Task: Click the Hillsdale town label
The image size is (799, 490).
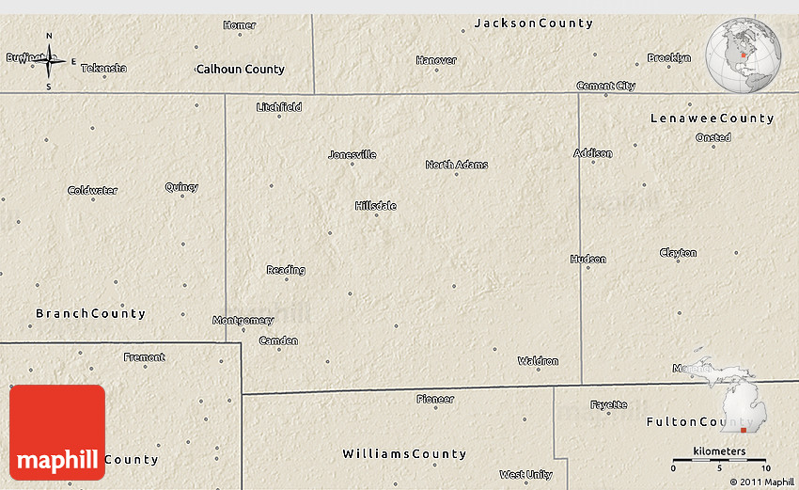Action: pos(375,206)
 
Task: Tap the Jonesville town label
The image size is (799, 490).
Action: pos(352,154)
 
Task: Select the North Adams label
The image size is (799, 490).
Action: pos(457,165)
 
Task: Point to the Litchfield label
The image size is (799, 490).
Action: pos(279,107)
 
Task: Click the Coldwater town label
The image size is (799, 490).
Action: pos(92,190)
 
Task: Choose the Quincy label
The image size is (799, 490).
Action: pos(181,186)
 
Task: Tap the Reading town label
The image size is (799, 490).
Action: pos(286,270)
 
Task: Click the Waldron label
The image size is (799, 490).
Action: pos(538,361)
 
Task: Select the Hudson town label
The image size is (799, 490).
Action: pos(588,259)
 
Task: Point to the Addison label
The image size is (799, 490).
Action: pos(593,153)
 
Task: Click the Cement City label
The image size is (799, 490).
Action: pos(605,86)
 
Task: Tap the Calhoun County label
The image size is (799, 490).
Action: pos(240,69)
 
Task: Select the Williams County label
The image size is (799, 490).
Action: pos(404,454)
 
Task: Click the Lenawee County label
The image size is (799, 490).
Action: pos(712,119)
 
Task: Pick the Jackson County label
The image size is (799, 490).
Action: pos(533,23)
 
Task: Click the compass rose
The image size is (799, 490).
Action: pos(50,62)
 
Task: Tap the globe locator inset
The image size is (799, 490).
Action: pos(744,56)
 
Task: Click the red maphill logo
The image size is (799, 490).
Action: pos(57,433)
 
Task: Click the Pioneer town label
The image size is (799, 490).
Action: pos(435,399)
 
